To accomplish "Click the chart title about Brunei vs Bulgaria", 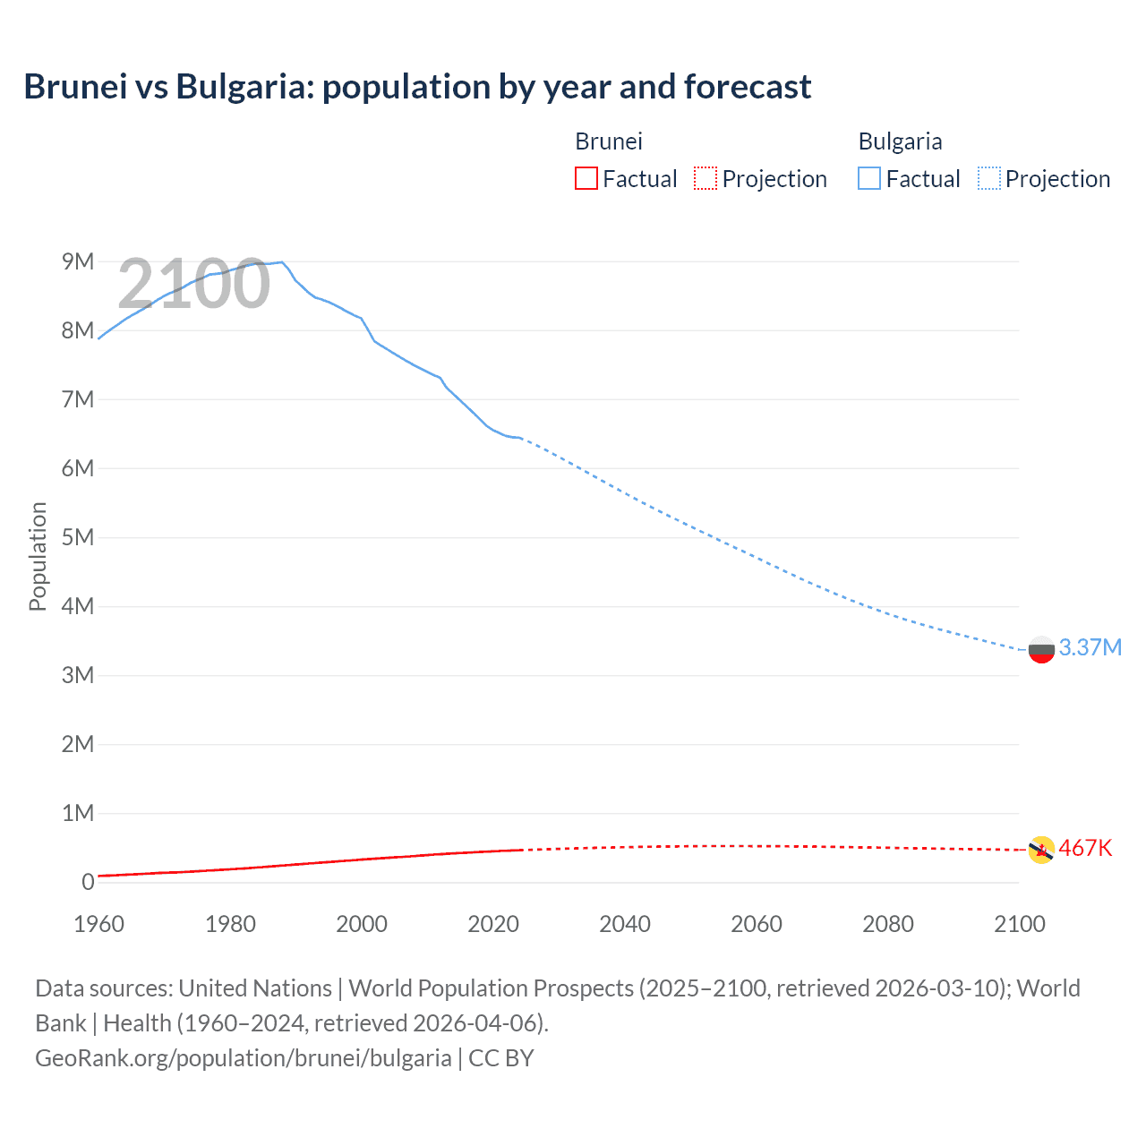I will click(417, 87).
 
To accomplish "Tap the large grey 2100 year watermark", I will click(193, 284).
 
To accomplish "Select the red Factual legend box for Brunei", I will click(586, 178).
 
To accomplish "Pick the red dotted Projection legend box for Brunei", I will click(706, 178).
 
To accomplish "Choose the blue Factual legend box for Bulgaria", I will click(868, 178).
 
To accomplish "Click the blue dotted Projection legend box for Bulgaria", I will click(988, 178).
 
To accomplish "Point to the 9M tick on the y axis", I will click(78, 261).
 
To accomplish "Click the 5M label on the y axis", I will click(78, 537).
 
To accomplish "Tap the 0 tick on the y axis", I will click(88, 882).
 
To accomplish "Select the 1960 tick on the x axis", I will click(98, 924).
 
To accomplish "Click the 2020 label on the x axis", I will click(493, 924).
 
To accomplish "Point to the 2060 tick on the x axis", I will click(757, 924).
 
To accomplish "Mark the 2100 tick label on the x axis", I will click(1019, 924).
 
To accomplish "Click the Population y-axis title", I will click(38, 556).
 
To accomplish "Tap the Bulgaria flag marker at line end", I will click(1041, 649).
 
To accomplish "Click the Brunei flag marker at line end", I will click(1041, 850).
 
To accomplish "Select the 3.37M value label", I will click(1090, 647).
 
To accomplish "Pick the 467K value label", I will click(1085, 848).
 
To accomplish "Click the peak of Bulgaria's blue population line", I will click(282, 262).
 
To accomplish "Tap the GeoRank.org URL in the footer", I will click(244, 1057).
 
